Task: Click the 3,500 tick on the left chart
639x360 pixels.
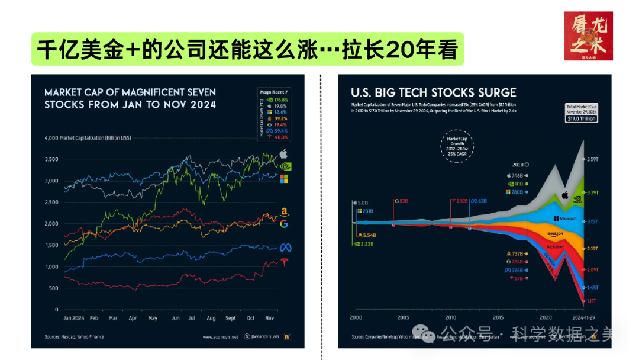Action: (51, 159)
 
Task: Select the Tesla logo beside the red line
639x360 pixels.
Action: (284, 261)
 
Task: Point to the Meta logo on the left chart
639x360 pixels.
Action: (284, 247)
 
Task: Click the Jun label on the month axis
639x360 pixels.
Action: (175, 318)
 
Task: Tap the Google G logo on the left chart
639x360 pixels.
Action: (284, 224)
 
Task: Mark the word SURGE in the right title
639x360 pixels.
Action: (494, 92)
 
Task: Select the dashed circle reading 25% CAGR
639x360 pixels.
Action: (457, 146)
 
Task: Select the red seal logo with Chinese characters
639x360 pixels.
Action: (588, 36)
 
